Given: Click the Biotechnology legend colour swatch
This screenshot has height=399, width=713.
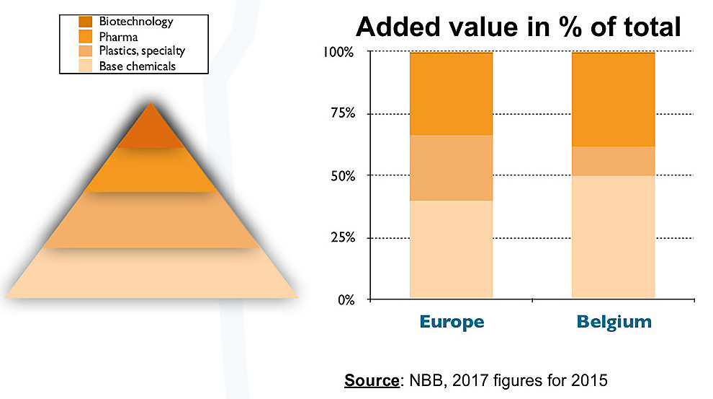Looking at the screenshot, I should (x=86, y=22).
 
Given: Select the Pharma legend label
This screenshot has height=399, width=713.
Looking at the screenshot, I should (x=120, y=37).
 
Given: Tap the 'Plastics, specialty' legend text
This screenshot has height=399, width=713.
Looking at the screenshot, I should (x=142, y=51).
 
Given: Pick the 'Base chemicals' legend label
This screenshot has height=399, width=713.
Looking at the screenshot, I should (x=138, y=66).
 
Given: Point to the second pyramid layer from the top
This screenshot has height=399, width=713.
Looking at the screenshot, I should (x=151, y=170).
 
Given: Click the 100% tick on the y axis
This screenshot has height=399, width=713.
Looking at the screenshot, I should (x=338, y=53).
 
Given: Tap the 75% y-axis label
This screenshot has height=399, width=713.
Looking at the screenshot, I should (x=341, y=114).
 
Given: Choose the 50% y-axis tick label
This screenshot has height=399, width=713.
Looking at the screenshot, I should (x=341, y=175).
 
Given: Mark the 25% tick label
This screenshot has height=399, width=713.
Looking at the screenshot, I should (x=341, y=237).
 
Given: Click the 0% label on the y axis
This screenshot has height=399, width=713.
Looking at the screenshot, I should (x=345, y=299).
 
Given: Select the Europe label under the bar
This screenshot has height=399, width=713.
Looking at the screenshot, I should (x=451, y=321).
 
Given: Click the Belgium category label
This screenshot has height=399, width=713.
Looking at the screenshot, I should (x=614, y=321).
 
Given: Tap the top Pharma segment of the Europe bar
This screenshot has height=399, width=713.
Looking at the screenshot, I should (x=451, y=94).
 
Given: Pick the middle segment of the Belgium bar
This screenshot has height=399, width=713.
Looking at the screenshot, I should (x=613, y=161).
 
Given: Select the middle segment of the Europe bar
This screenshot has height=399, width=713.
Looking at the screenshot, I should (x=451, y=167).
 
